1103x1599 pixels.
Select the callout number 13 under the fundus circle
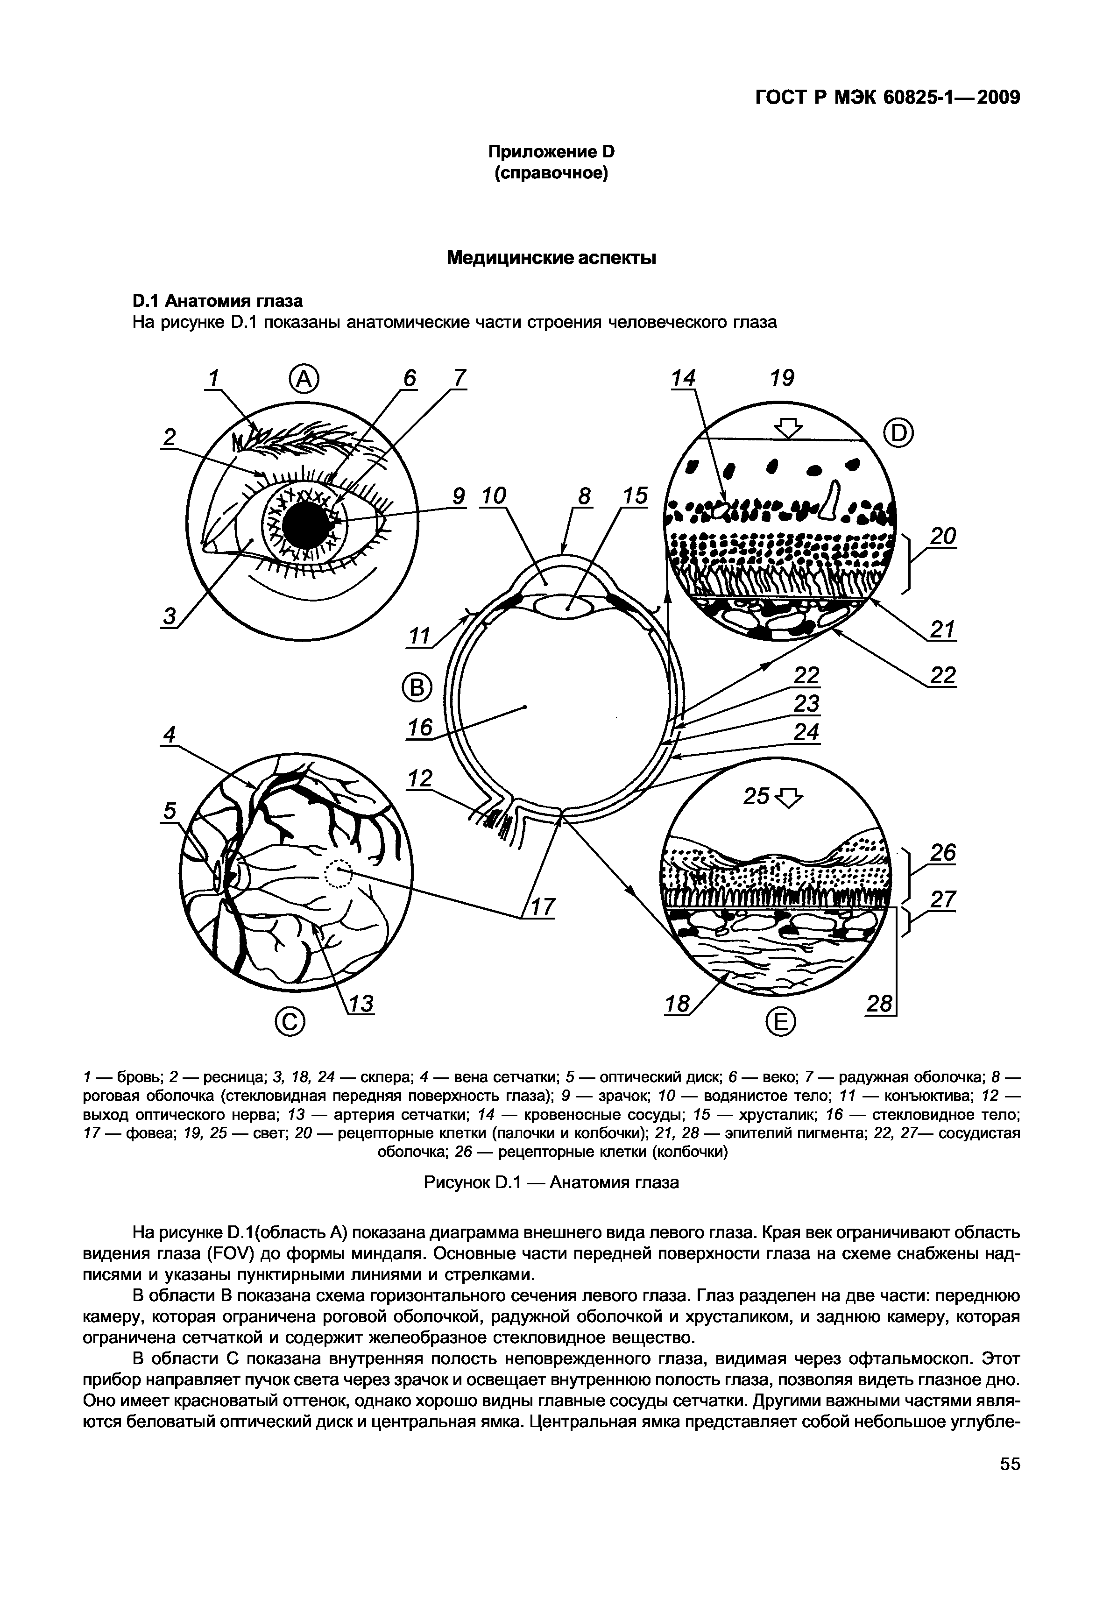click(x=360, y=1004)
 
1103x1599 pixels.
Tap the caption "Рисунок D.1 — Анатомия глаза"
click(x=551, y=1182)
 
